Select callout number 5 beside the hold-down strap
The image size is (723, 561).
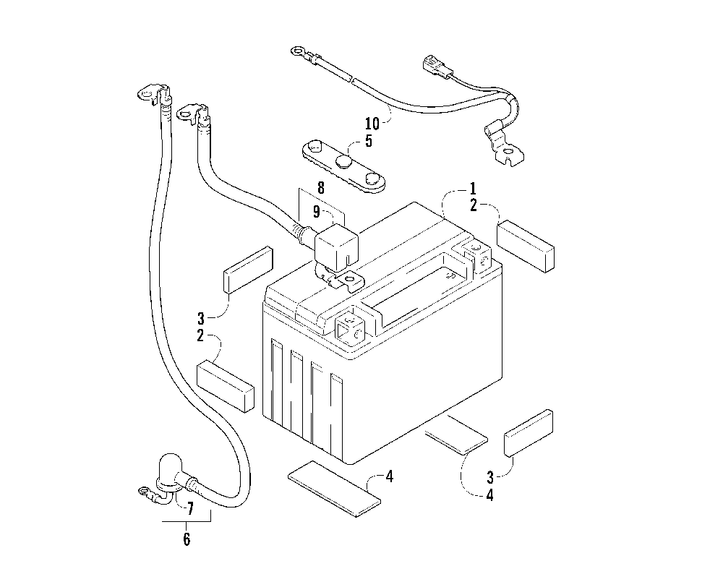click(x=368, y=141)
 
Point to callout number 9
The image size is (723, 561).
click(x=316, y=211)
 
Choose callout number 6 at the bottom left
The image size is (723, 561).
click(x=186, y=539)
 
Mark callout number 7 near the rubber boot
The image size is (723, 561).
click(x=189, y=508)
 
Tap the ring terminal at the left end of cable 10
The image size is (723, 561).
click(x=297, y=51)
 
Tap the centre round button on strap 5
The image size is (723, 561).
click(x=344, y=160)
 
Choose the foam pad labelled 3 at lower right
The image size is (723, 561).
click(x=529, y=432)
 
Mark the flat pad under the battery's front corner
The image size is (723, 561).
click(x=334, y=489)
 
